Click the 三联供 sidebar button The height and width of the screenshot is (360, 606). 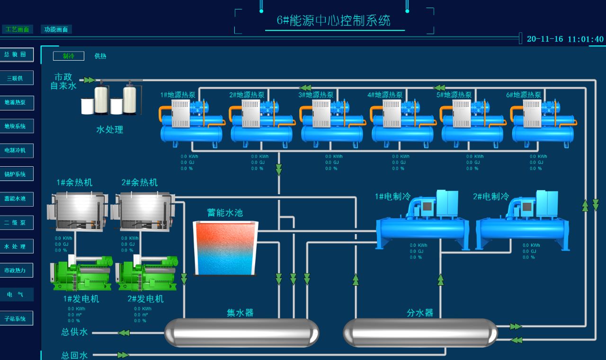(17, 78)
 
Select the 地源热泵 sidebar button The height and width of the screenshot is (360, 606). (17, 102)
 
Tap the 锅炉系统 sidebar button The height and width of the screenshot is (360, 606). (17, 174)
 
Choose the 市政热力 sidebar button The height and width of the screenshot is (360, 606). (17, 270)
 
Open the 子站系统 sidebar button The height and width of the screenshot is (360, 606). (17, 318)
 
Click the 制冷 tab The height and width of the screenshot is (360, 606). (69, 56)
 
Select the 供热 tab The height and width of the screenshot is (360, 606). (100, 56)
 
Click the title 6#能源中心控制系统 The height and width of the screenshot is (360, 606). (334, 20)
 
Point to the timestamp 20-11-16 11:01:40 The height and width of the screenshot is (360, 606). (565, 39)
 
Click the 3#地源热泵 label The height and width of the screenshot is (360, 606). (316, 95)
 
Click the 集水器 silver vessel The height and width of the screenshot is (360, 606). (241, 333)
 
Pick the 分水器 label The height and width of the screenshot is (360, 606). (420, 313)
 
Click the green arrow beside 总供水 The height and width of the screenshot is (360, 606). (124, 333)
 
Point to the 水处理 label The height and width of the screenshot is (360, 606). (110, 129)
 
